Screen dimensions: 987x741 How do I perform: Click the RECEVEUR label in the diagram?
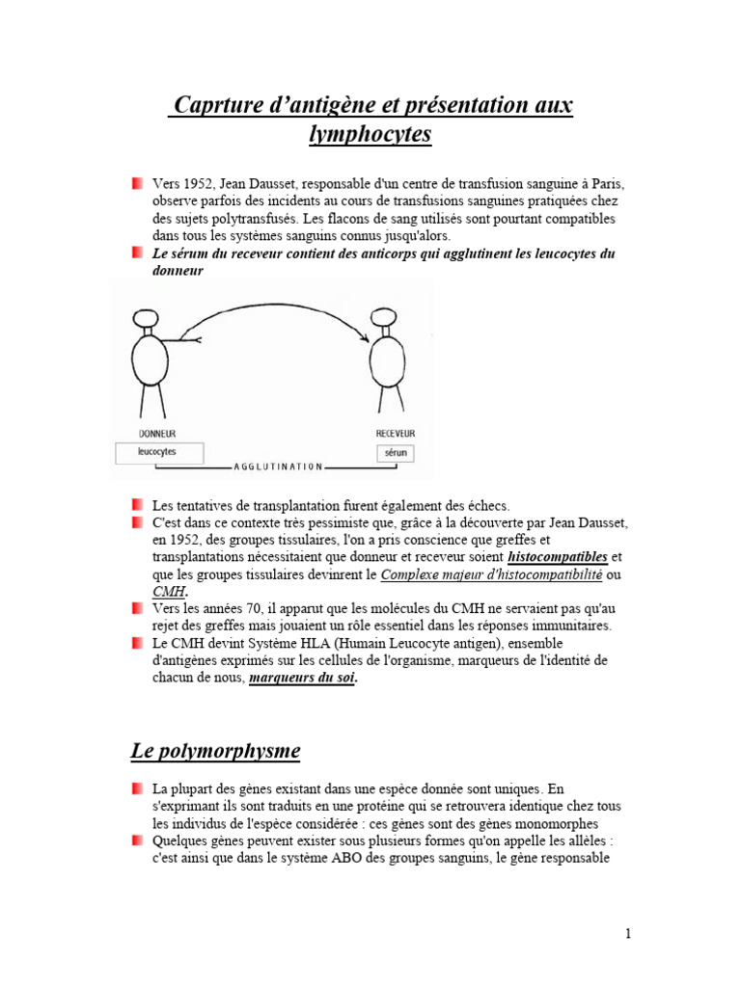[x=396, y=434]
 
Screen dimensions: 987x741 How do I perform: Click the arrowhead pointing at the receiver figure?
[x=365, y=337]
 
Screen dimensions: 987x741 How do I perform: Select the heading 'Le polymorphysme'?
[x=215, y=750]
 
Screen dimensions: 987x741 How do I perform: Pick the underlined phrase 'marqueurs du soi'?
[x=302, y=678]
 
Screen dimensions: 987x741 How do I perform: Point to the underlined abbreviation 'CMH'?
[x=168, y=591]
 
